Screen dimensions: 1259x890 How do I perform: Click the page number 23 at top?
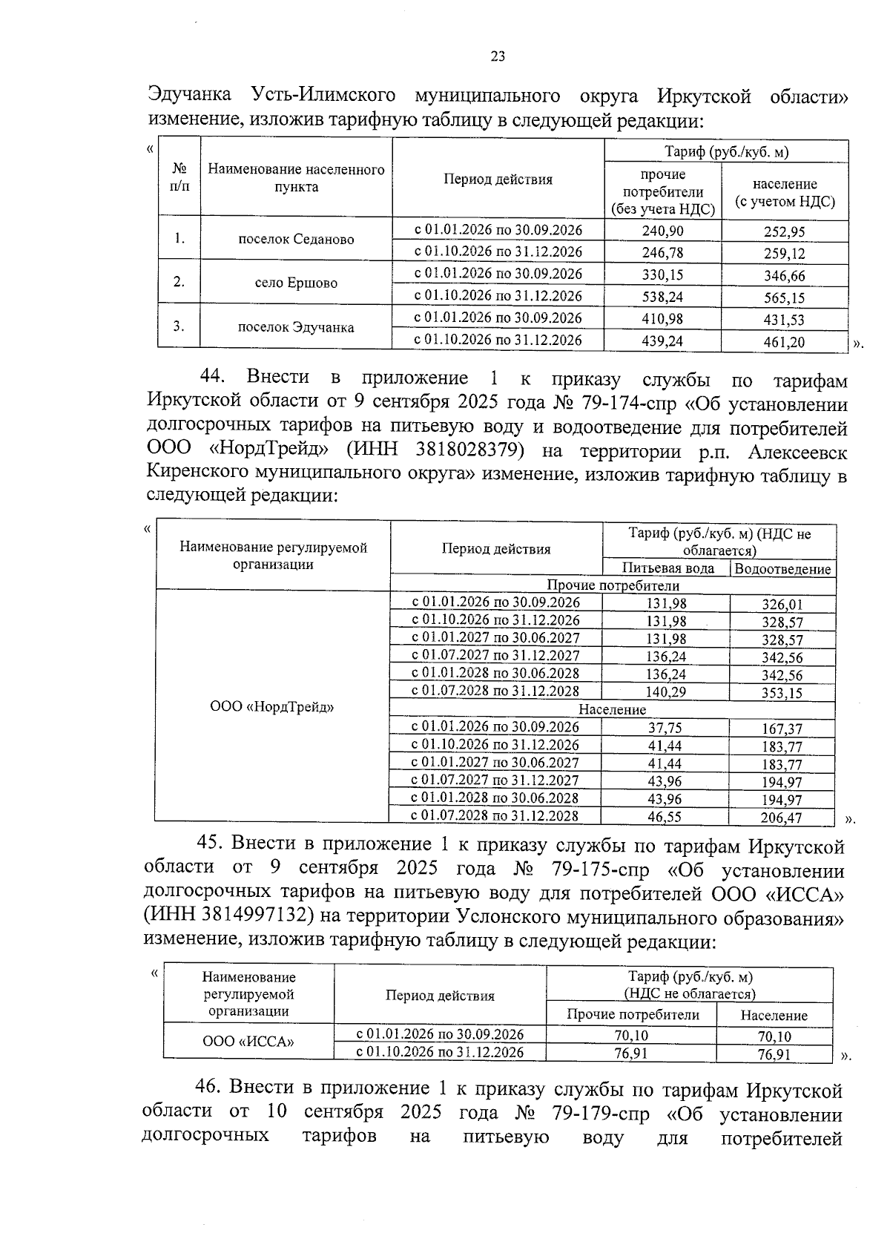pyautogui.click(x=498, y=57)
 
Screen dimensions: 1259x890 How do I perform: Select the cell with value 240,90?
pyautogui.click(x=662, y=231)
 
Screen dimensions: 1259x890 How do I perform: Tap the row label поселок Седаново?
pyautogui.click(x=296, y=240)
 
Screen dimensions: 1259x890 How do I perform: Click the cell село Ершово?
pyautogui.click(x=296, y=283)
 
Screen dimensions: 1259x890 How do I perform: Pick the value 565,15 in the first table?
pyautogui.click(x=784, y=298)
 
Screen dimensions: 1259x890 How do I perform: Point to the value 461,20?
pyautogui.click(x=784, y=343)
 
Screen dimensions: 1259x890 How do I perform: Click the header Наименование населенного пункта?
pyautogui.click(x=296, y=178)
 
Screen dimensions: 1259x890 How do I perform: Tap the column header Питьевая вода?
pyautogui.click(x=667, y=568)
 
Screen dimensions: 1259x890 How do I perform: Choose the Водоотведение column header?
pyautogui.click(x=782, y=569)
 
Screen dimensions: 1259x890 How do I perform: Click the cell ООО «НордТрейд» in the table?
pyautogui.click(x=272, y=707)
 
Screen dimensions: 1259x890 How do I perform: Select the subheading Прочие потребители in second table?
pyautogui.click(x=613, y=586)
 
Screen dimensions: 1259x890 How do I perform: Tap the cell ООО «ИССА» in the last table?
pyautogui.click(x=248, y=1042)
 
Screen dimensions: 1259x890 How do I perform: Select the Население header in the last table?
pyautogui.click(x=774, y=1016)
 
